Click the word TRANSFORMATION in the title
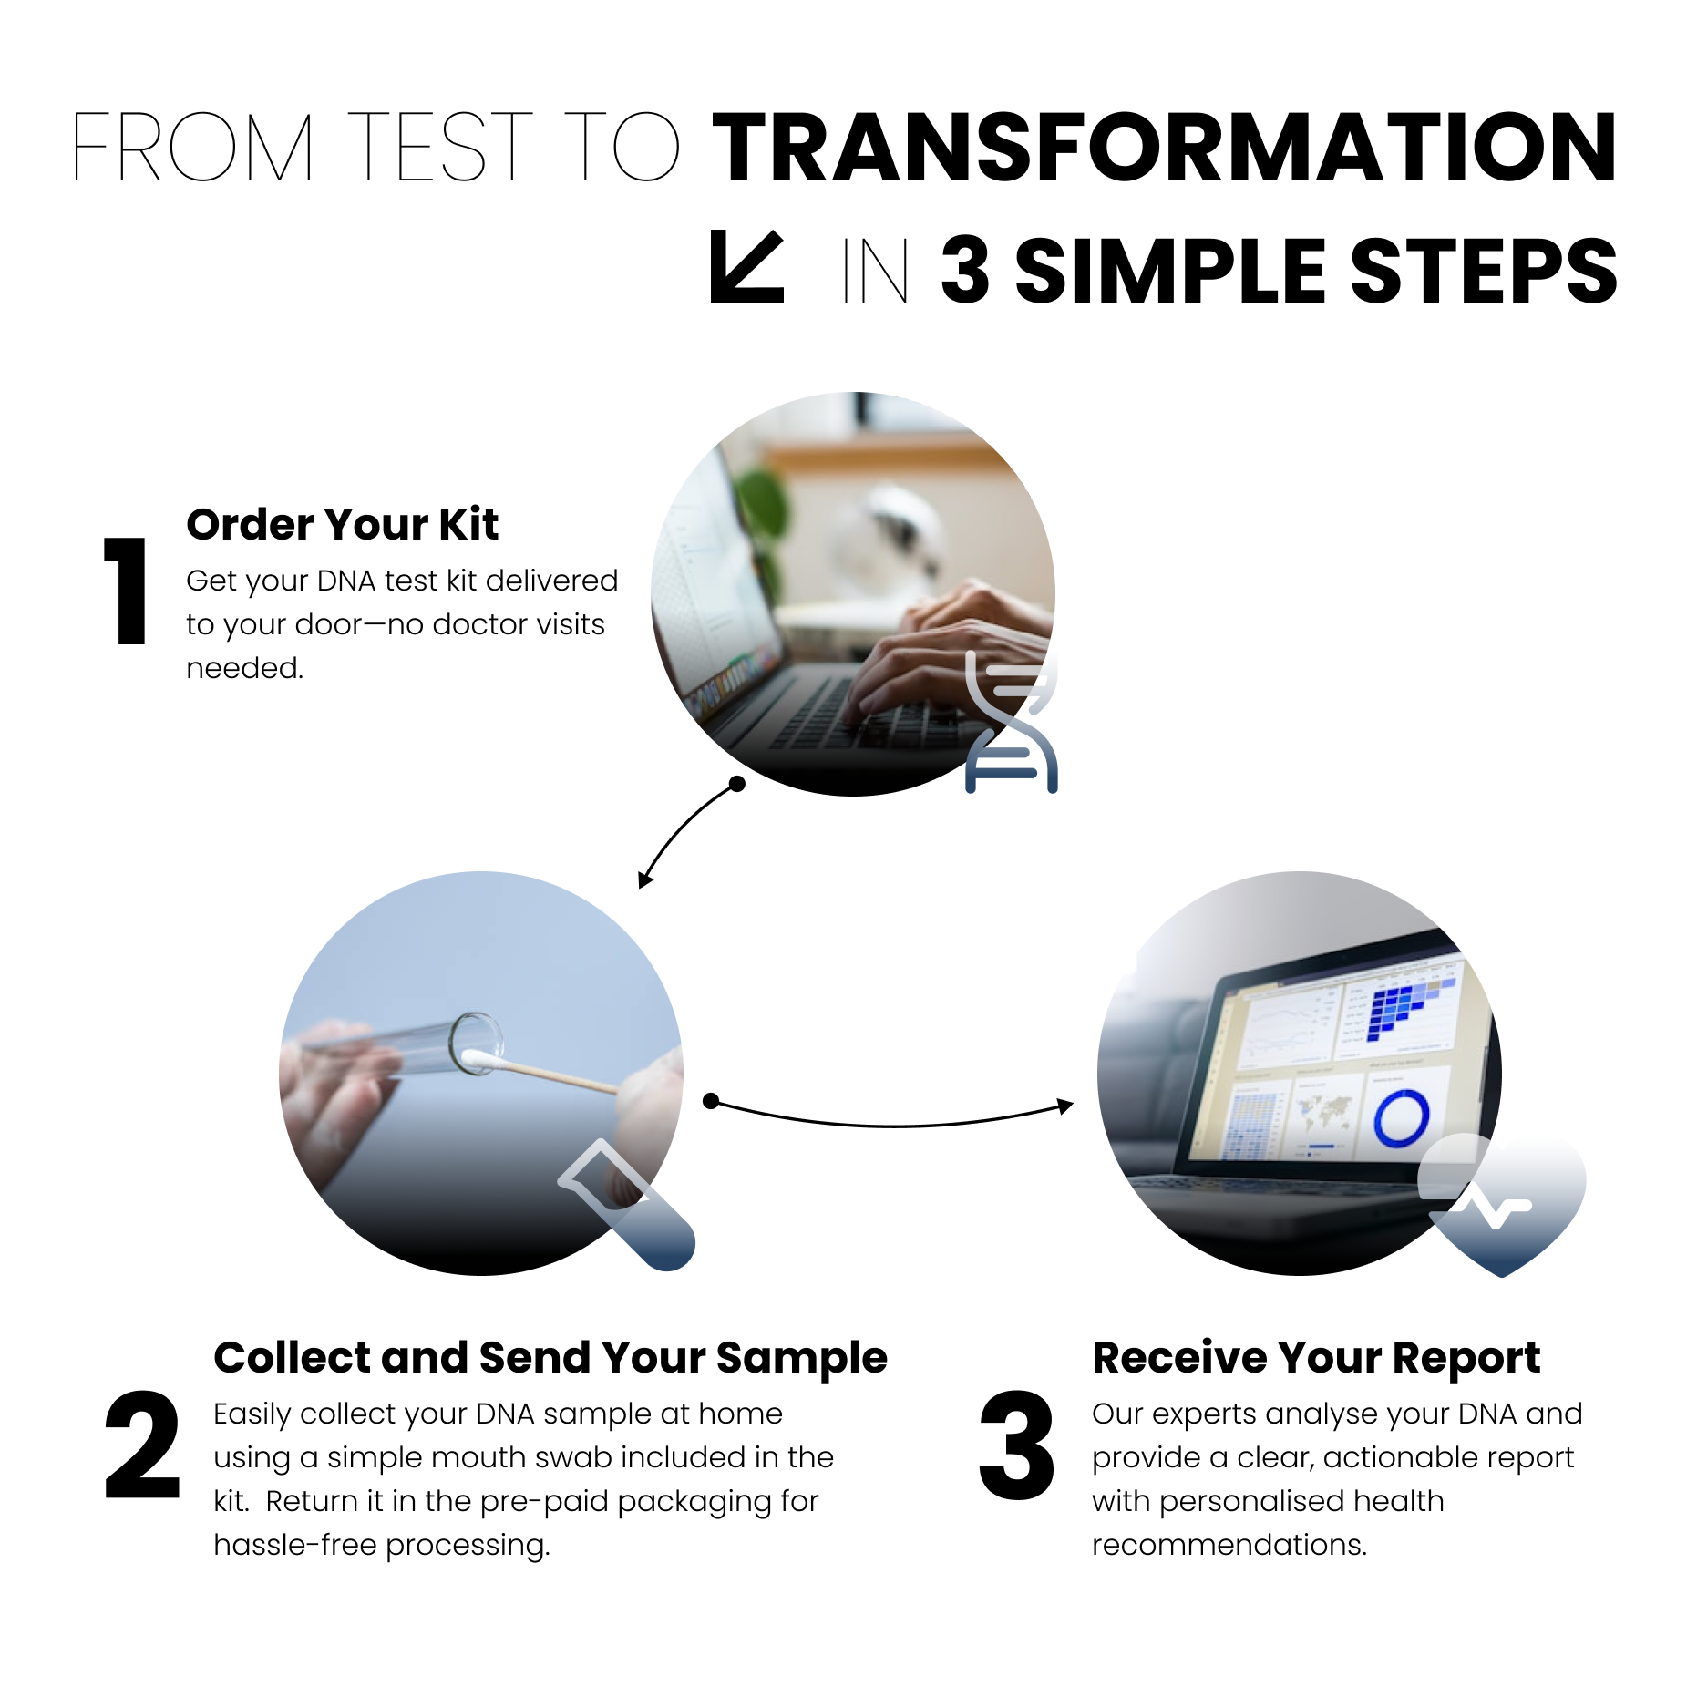1163,148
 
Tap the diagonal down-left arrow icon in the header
746,267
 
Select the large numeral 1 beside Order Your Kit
127,591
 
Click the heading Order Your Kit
342,525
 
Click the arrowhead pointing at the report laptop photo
1064,1106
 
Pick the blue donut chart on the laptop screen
1401,1118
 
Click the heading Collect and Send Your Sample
550,1358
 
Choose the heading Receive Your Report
1315,1358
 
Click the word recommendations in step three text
1229,1545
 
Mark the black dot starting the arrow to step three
712,1101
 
